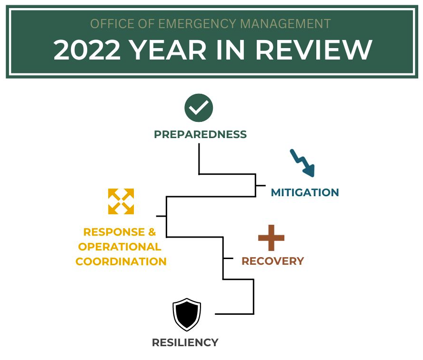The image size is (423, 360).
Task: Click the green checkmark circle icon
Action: (199, 108)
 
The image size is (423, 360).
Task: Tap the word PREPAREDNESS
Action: (200, 134)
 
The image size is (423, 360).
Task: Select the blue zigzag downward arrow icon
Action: (302, 163)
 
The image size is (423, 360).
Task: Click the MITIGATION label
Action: (305, 192)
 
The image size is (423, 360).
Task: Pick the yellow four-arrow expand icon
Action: (121, 201)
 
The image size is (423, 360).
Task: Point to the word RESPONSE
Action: (114, 232)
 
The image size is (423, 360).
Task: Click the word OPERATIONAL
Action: (120, 247)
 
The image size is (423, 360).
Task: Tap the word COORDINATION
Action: (121, 261)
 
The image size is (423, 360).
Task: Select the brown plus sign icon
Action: (271, 238)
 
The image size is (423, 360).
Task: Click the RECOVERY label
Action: (273, 261)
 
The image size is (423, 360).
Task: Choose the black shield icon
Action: (187, 314)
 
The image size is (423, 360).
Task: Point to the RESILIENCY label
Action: (185, 342)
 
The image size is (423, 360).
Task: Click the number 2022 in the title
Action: (87, 50)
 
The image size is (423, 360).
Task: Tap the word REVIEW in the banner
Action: (314, 50)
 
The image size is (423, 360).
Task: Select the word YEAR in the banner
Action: (168, 50)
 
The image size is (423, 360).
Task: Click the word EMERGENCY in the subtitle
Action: (197, 24)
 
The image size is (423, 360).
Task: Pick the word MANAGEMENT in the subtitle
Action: (285, 24)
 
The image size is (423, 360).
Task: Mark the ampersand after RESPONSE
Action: (152, 232)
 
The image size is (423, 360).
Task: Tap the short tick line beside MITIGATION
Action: (261, 186)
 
